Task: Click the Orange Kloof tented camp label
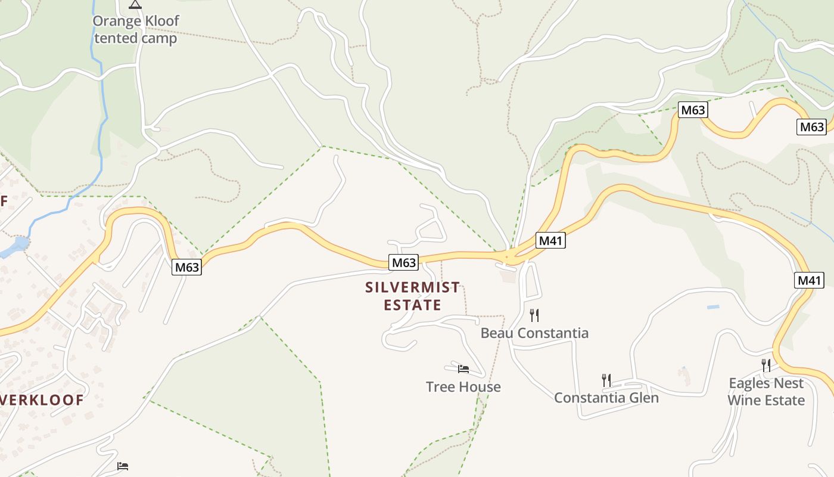[135, 30]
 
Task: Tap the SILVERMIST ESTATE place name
[412, 296]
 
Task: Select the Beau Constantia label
[534, 333]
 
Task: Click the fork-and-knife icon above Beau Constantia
[534, 315]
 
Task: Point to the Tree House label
[463, 386]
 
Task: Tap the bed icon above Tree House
[463, 368]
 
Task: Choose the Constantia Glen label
[606, 397]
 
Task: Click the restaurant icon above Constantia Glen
[606, 379]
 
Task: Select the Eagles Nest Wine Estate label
[766, 391]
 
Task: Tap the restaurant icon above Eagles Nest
[766, 364]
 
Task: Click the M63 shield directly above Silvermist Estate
[403, 262]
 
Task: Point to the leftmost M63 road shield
[187, 267]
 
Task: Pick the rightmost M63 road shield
[811, 126]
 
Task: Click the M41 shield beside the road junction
[550, 240]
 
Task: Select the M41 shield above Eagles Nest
[808, 280]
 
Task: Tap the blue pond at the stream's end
[18, 244]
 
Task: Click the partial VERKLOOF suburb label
[42, 399]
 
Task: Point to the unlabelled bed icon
[123, 466]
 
